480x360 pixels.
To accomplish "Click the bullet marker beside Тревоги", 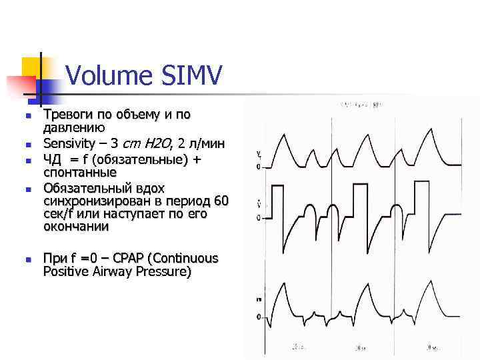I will pos(27,115).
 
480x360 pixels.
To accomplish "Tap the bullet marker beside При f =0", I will pos(27,259).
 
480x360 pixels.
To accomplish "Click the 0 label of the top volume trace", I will pos(258,167).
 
